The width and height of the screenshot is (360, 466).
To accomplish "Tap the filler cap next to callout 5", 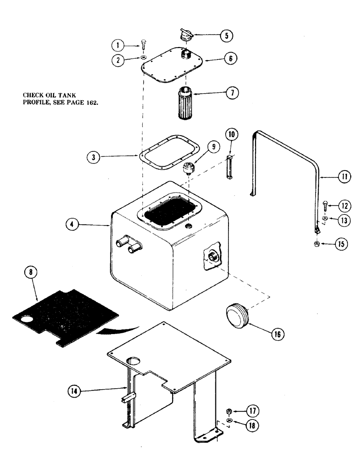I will (184, 36).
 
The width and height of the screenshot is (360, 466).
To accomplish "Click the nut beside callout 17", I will (229, 411).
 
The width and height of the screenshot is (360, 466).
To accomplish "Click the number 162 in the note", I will (89, 103).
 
